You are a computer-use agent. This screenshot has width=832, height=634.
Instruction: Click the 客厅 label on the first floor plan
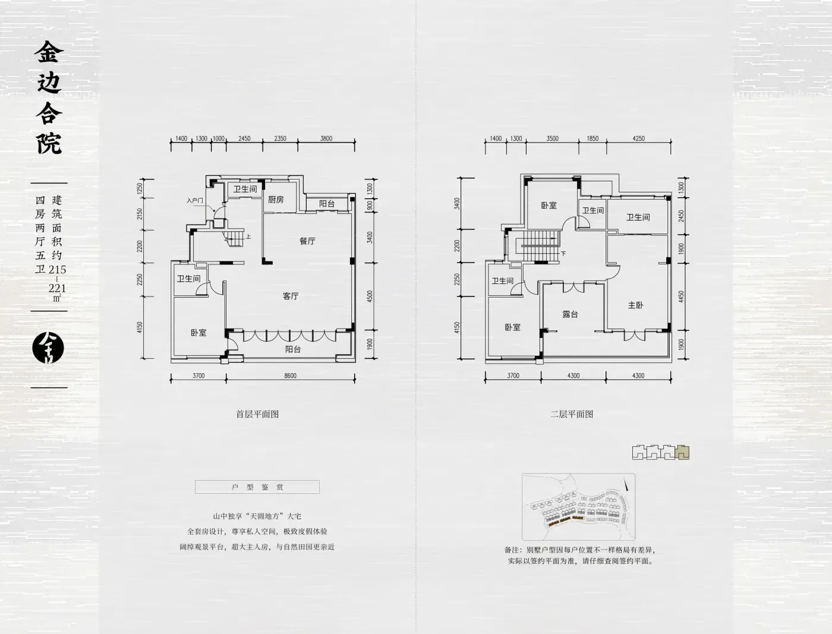point(291,296)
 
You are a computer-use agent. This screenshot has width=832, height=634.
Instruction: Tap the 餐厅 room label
point(307,241)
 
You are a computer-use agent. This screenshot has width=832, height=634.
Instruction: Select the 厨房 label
point(276,199)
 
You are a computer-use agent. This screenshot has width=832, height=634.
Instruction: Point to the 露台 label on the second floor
point(570,314)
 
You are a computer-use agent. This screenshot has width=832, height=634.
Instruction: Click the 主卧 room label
point(635,305)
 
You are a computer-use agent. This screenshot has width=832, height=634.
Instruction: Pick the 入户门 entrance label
point(194,200)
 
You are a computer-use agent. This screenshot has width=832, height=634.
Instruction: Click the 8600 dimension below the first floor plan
point(290,376)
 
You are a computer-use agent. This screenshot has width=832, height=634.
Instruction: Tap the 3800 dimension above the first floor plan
point(326,138)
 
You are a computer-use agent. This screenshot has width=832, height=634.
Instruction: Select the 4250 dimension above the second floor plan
point(638,138)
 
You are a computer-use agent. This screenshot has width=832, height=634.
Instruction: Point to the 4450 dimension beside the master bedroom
point(681,297)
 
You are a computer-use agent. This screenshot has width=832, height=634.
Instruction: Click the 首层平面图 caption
point(257,414)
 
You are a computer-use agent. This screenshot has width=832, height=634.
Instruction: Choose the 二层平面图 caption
point(572,414)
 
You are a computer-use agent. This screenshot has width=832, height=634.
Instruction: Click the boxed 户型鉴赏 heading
point(257,487)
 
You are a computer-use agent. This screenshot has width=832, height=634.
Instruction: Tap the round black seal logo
point(48,348)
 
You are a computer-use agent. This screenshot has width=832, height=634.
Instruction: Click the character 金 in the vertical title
point(49,52)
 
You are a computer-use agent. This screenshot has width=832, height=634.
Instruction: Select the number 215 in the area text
point(57,269)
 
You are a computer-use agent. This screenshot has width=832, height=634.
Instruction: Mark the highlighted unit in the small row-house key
point(683,453)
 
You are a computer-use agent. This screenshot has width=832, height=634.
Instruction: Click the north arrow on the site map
point(627,484)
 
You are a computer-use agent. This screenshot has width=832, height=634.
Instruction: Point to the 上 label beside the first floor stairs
point(248,237)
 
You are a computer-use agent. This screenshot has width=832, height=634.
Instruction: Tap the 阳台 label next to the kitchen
point(327,204)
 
